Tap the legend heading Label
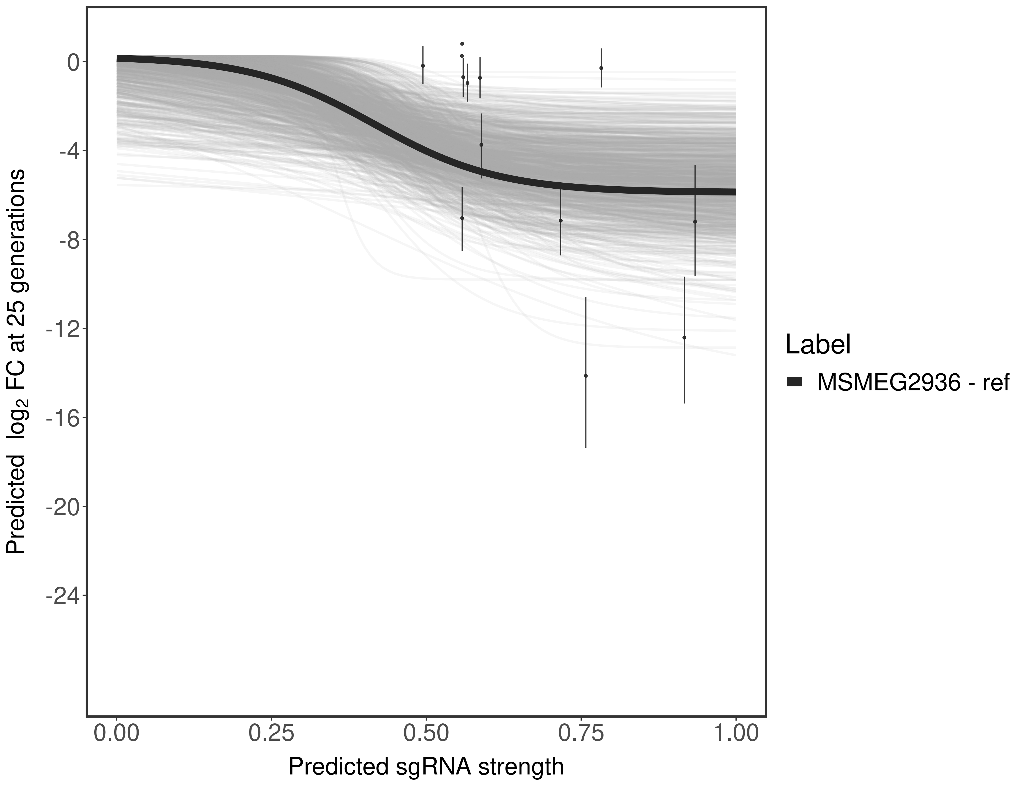click(818, 345)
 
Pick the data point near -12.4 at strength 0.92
click(684, 337)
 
